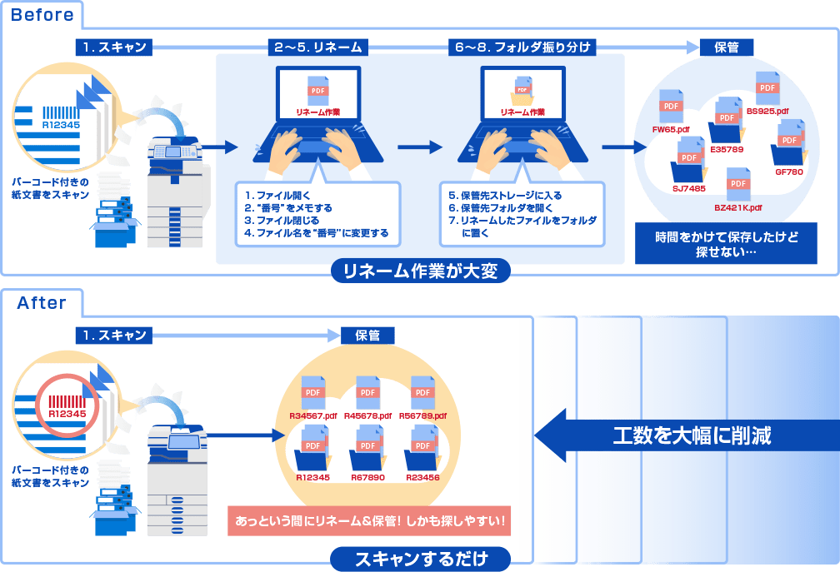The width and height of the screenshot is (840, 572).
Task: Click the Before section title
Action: (x=41, y=14)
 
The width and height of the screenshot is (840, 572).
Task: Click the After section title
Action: (x=42, y=302)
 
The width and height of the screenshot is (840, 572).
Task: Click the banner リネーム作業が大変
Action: (x=420, y=270)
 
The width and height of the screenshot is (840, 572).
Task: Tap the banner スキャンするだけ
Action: (x=420, y=557)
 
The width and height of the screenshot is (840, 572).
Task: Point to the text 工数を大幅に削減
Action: (x=692, y=435)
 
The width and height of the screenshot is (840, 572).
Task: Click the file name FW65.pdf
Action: (x=671, y=129)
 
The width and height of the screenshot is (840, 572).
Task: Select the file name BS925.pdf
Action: (x=767, y=110)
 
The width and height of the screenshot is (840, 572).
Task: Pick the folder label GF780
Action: (x=788, y=172)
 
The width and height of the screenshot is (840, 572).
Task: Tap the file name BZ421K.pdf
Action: (x=738, y=206)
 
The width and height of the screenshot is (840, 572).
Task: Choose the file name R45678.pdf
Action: (x=368, y=415)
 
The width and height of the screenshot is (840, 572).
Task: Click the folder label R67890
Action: (x=368, y=478)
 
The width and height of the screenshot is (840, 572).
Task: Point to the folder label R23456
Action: (x=423, y=478)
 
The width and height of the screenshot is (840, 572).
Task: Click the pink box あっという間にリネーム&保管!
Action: (x=370, y=522)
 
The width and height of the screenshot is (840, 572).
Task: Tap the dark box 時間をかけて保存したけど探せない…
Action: (x=726, y=243)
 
